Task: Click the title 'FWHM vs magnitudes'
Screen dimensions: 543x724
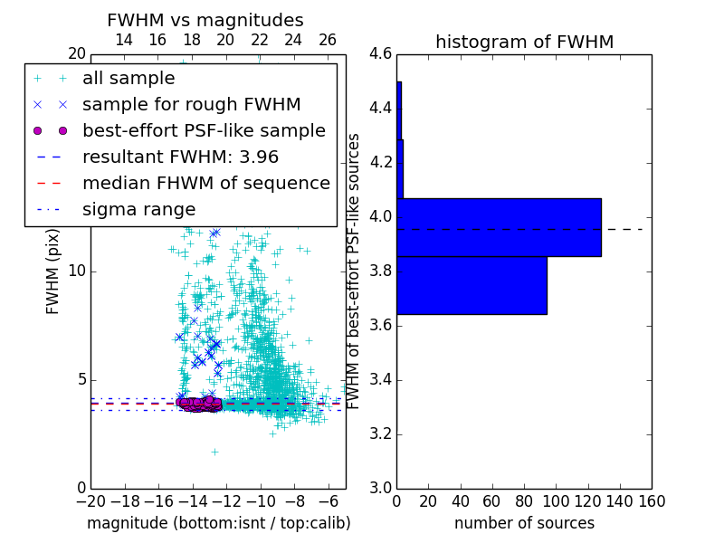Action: coord(205,21)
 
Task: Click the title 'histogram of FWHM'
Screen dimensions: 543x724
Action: coord(524,42)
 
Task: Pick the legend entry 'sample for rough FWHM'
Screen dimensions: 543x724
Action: coord(192,104)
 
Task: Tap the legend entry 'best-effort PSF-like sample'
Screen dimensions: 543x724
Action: coord(204,130)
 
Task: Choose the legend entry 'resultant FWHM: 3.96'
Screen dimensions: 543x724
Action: coord(180,157)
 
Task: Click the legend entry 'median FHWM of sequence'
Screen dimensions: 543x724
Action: coord(205,183)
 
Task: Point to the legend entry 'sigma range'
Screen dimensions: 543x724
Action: coord(138,209)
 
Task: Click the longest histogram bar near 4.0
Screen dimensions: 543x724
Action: coord(499,227)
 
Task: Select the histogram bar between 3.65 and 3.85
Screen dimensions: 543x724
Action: coord(472,285)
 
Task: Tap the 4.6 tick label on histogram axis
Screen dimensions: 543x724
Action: coord(380,54)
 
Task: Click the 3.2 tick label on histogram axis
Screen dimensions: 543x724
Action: coord(380,433)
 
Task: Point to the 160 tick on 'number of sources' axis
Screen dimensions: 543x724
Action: coord(652,500)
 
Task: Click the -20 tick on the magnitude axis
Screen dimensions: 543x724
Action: coord(90,500)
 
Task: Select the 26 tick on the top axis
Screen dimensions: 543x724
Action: coord(328,40)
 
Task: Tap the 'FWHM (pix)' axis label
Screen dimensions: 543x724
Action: coord(53,271)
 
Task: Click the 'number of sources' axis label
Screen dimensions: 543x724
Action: coord(524,523)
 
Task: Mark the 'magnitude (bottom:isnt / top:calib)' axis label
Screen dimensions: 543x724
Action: coord(218,523)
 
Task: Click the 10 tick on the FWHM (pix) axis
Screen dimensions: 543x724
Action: coord(77,271)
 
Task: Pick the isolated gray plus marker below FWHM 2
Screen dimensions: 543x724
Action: coord(214,452)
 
